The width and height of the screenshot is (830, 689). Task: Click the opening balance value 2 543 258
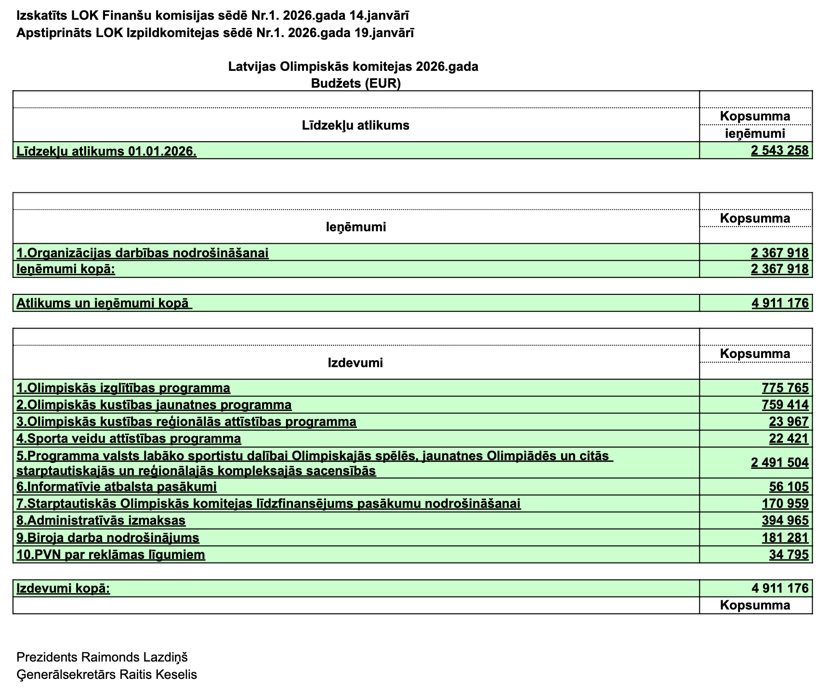tap(779, 151)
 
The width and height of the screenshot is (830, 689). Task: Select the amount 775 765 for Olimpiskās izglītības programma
tap(785, 388)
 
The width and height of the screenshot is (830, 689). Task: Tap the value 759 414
tap(785, 405)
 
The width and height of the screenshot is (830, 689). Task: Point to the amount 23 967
tap(789, 422)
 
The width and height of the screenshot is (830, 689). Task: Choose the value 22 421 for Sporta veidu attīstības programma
tap(789, 438)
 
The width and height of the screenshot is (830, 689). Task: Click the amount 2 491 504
tap(779, 463)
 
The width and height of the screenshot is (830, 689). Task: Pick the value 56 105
tap(789, 487)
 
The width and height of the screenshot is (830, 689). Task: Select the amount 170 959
tap(785, 503)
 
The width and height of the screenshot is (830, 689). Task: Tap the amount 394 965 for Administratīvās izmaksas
tap(785, 520)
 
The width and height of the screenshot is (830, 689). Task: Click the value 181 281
tap(785, 538)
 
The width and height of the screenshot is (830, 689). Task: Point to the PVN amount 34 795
tap(789, 555)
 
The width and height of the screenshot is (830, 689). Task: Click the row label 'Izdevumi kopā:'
tap(63, 588)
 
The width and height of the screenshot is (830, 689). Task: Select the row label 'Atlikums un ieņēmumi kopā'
tap(104, 304)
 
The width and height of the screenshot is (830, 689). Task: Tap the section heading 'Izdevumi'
tap(355, 363)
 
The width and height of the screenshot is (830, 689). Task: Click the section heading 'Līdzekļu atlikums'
tap(356, 126)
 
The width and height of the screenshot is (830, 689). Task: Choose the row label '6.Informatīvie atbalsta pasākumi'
tap(117, 487)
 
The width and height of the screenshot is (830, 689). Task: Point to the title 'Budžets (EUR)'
tap(356, 83)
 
